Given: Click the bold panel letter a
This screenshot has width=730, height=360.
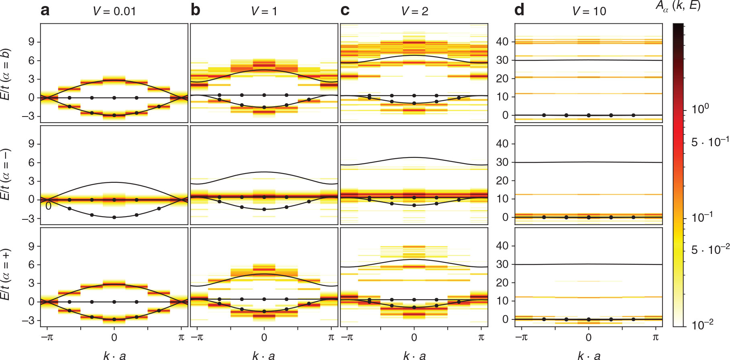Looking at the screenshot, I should (x=45, y=10).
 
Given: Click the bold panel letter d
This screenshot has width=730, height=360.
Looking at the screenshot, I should (x=519, y=10).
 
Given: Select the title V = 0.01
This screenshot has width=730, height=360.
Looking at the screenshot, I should (x=114, y=11).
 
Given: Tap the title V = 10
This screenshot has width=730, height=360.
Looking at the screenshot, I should (x=589, y=11).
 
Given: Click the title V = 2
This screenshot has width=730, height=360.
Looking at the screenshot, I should (x=414, y=11).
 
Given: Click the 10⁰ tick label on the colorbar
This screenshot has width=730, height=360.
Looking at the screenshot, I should (x=700, y=109).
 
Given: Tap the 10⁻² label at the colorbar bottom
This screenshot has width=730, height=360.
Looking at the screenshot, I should (x=702, y=324).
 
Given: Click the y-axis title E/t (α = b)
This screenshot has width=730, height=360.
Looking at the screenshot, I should (x=6, y=74).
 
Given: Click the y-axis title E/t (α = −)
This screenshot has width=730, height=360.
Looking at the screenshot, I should (x=6, y=174).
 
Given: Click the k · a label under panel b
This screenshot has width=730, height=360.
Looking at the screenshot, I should (x=263, y=355).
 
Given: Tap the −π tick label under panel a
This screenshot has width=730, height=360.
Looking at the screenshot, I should (x=47, y=337).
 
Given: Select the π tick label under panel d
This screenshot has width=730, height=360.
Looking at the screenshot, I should (x=655, y=337).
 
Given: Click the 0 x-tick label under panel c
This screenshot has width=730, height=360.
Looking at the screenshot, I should (x=414, y=337).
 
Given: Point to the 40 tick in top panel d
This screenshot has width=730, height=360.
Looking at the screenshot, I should (x=502, y=42).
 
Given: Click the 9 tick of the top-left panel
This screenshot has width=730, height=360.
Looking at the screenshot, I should (x=31, y=42).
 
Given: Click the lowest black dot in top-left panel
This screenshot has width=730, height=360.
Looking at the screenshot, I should (x=114, y=115).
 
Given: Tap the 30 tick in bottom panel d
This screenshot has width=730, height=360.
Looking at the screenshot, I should (x=502, y=264).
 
